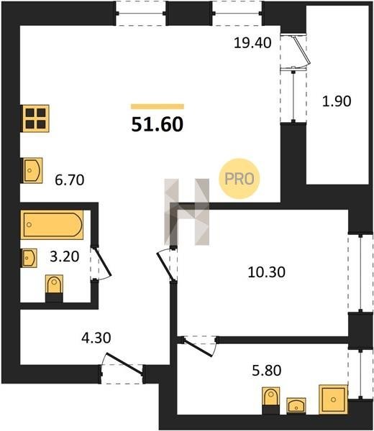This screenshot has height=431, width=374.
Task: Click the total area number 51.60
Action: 157,124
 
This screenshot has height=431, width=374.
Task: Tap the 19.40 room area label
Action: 252,43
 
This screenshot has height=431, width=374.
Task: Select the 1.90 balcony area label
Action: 337,101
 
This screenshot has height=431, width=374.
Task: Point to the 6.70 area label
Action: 70,180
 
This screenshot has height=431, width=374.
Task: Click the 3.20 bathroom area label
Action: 65,256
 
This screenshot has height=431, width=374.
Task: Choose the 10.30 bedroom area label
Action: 266,272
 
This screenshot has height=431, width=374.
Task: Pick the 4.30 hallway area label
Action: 96,338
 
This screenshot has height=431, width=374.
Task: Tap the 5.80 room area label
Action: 267,370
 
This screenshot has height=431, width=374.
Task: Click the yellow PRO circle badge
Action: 240,179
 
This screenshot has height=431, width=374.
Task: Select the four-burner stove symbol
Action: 36,119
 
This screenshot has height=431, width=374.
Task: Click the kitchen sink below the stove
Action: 32,170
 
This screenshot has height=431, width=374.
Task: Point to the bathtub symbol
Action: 52,225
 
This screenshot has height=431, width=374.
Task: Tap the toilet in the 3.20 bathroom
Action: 54,288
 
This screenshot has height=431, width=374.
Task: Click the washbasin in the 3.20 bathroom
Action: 29,258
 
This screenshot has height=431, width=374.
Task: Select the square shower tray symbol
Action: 333,399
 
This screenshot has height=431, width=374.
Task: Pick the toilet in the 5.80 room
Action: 271,400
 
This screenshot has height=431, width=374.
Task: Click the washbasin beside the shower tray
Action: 296,405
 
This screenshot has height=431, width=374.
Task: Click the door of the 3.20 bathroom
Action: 101,264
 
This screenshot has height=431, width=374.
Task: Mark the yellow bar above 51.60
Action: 158,106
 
